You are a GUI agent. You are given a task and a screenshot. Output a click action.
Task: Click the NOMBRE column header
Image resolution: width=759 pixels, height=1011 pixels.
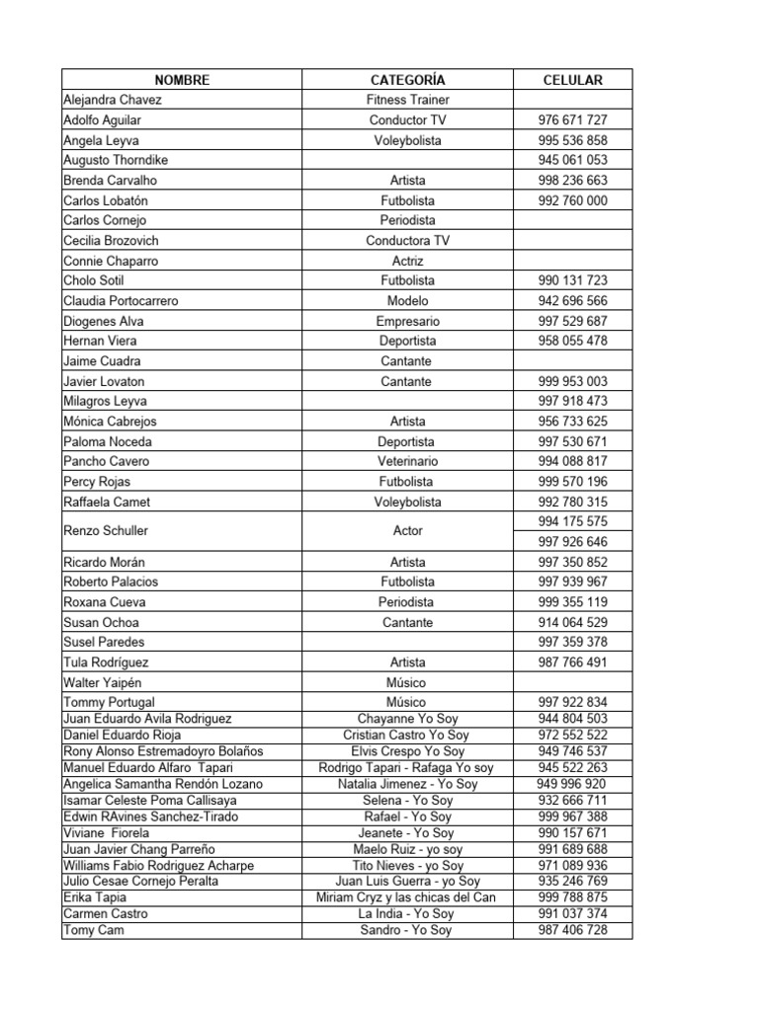click(182, 80)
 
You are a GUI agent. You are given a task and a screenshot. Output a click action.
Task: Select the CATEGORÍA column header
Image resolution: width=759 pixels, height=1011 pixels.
click(407, 80)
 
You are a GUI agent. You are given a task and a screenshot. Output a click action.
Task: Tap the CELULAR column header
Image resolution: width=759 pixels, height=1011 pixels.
click(572, 80)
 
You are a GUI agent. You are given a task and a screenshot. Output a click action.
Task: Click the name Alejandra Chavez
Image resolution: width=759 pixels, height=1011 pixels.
click(113, 100)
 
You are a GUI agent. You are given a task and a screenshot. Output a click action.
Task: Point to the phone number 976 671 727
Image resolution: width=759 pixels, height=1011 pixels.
click(572, 120)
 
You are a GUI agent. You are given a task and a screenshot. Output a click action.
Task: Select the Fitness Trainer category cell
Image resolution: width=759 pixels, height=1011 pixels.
click(407, 100)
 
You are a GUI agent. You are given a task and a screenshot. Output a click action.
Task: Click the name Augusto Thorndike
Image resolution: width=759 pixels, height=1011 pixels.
click(116, 160)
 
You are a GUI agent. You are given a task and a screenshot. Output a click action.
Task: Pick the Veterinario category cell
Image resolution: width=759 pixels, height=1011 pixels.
click(407, 461)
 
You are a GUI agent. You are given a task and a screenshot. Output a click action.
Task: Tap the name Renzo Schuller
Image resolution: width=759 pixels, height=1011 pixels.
click(106, 531)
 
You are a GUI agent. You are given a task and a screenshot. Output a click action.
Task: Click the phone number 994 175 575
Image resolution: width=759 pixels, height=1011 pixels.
click(572, 521)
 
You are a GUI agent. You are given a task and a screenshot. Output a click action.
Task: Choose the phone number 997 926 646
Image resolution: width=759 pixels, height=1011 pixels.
click(572, 542)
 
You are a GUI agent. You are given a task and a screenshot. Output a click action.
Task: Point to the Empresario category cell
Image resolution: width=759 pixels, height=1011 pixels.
click(407, 321)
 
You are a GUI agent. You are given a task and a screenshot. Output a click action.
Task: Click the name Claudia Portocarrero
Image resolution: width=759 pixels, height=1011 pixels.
click(121, 301)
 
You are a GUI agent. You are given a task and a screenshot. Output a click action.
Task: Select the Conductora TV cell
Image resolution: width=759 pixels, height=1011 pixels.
click(407, 241)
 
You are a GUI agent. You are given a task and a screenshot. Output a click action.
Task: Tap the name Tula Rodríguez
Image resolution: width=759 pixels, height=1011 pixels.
click(106, 662)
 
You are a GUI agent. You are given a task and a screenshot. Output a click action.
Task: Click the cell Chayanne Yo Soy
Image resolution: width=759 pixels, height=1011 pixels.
click(407, 719)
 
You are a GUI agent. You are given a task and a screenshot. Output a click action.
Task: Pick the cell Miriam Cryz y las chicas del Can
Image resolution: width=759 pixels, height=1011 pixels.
click(407, 897)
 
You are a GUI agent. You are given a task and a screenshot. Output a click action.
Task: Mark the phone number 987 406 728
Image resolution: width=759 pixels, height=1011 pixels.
click(572, 930)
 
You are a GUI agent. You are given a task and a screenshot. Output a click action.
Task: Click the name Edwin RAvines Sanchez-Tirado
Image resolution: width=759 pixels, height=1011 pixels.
click(151, 817)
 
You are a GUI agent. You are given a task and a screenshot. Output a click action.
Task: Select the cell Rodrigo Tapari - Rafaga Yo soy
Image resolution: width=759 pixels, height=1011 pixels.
click(407, 768)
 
